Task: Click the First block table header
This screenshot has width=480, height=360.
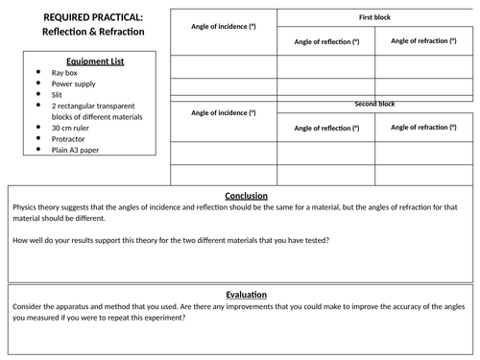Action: tap(375, 18)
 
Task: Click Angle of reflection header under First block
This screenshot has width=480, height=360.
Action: tap(326, 42)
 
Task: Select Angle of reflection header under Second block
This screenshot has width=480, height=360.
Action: tap(326, 127)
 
